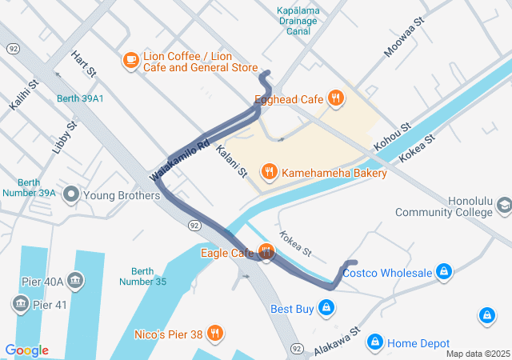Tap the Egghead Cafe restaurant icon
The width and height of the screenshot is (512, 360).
[336, 99]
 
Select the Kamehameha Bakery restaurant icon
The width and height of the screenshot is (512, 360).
[270, 171]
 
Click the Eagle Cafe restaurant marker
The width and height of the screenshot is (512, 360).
[266, 253]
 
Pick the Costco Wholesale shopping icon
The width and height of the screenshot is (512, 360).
[443, 273]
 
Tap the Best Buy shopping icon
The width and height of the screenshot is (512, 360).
[326, 307]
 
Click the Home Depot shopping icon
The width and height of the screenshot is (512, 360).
[374, 342]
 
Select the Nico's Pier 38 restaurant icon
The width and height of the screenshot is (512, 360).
[214, 333]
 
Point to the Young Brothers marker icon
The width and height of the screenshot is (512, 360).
[71, 194]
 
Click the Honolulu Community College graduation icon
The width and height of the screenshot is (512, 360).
[504, 206]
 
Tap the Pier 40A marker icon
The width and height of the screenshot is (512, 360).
[75, 281]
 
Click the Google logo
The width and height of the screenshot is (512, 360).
[26, 350]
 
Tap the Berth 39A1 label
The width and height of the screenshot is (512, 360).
[80, 98]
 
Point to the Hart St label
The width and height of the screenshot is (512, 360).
[83, 65]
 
